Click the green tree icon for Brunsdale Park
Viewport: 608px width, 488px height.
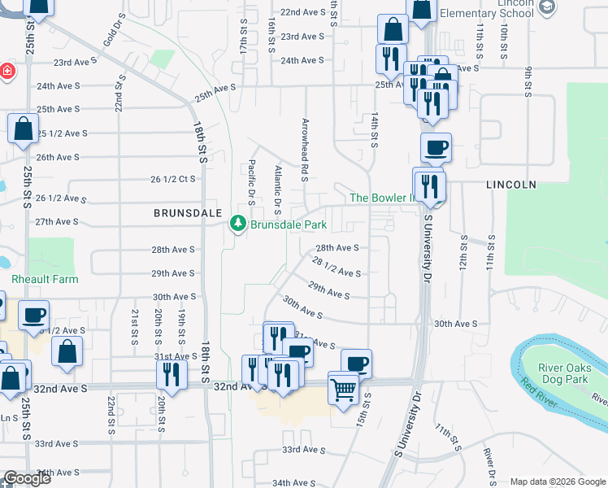click(238, 223)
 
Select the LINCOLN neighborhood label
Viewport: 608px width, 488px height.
click(511, 185)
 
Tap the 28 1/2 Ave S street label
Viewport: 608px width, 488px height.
click(337, 266)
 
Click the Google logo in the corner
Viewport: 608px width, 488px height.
click(26, 478)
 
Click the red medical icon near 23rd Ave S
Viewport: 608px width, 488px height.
click(7, 72)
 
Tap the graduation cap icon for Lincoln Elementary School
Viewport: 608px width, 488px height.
click(547, 7)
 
